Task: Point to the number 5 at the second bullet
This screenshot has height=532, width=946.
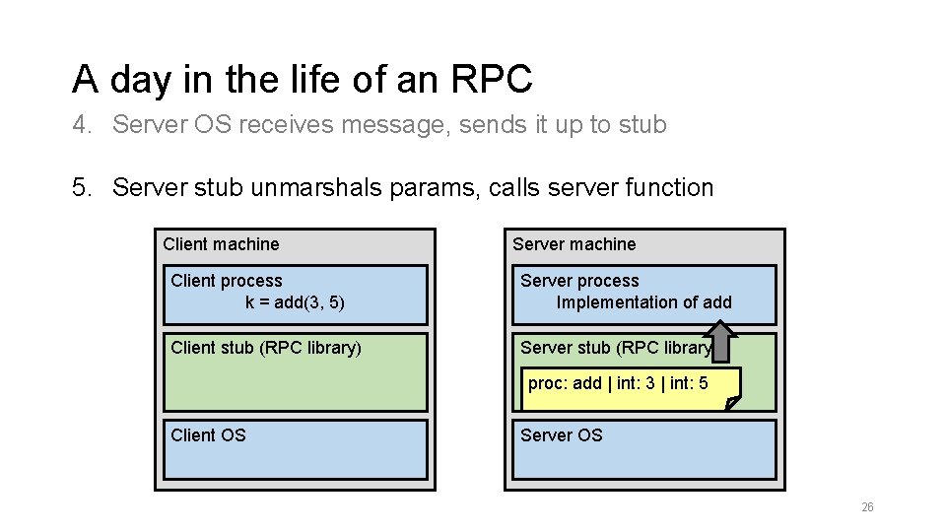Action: pos(80,187)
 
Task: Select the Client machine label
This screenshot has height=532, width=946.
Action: pos(221,244)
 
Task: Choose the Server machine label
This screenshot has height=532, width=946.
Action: pos(574,244)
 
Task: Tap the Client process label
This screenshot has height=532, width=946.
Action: pos(226,281)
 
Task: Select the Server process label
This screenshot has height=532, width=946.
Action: pos(579,281)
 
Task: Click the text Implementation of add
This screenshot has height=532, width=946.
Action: pos(643,302)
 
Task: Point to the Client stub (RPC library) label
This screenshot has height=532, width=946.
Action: pos(266,348)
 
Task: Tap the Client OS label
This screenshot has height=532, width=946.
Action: pos(208,435)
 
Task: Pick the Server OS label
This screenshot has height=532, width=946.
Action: pos(561,435)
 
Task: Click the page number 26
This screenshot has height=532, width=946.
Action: pos(867,507)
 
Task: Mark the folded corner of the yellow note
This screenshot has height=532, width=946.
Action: pos(730,402)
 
